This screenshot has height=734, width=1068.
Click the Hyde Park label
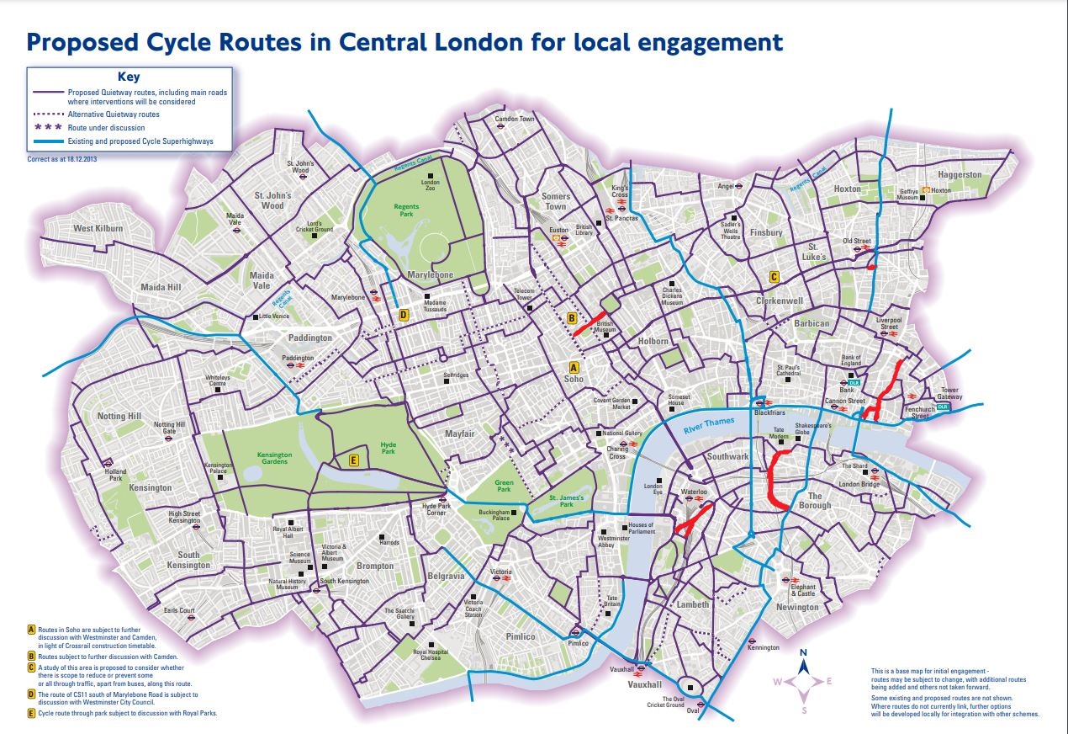click(388, 447)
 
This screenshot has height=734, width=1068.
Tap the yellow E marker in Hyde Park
click(354, 460)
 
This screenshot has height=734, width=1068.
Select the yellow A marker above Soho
click(574, 368)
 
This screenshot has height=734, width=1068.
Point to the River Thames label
click(708, 424)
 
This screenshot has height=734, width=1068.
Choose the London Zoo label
click(431, 186)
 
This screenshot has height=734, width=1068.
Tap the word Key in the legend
click(129, 77)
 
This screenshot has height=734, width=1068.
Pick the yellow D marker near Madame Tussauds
click(404, 315)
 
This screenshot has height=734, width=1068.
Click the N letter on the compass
click(804, 652)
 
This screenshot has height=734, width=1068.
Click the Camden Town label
click(515, 120)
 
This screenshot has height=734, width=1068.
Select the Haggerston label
click(960, 175)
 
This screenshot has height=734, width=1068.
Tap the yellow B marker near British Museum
click(571, 318)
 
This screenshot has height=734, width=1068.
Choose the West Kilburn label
click(98, 228)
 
